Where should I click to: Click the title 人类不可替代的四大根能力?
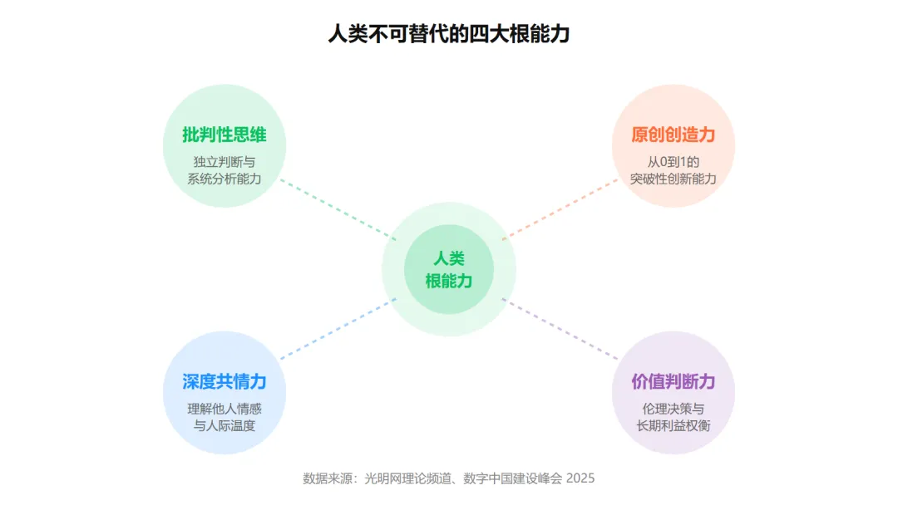[449, 34]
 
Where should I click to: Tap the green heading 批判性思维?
[224, 135]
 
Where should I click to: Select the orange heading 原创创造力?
[673, 135]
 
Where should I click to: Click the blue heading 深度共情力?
[224, 381]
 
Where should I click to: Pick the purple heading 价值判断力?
[673, 381]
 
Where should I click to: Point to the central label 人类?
[449, 258]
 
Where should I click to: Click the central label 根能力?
[449, 281]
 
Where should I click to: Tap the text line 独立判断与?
[224, 160]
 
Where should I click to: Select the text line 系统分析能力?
[224, 179]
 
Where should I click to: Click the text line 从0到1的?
[673, 160]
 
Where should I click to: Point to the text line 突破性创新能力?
[673, 179]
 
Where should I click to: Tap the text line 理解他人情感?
[224, 408]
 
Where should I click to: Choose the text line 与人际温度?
[224, 426]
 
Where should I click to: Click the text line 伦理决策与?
[673, 408]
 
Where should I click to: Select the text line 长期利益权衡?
[673, 426]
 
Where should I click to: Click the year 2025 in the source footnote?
[580, 478]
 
